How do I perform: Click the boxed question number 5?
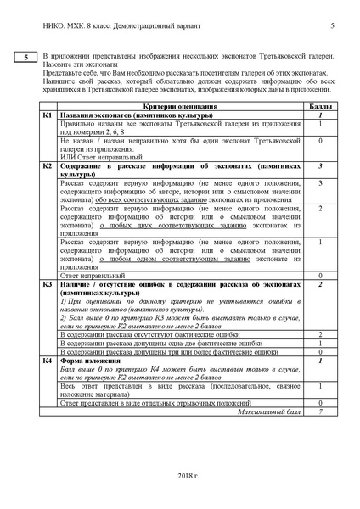pos(25,58)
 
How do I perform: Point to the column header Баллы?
pos(320,108)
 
